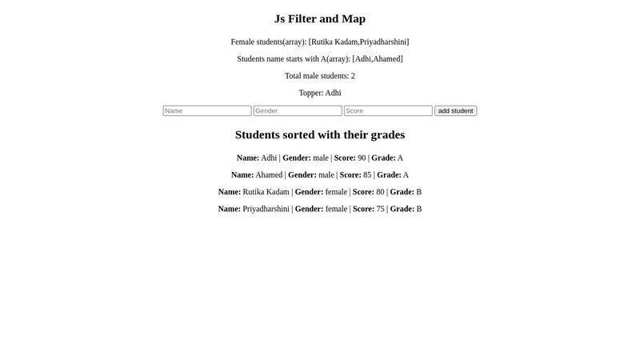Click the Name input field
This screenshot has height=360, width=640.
coord(207,110)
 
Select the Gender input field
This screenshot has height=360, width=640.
coord(298,110)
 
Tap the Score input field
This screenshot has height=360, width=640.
coord(388,110)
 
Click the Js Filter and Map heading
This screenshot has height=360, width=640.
coord(320,18)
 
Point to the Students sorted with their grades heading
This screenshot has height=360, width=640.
coord(320,134)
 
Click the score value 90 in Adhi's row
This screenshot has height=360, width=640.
coord(362,158)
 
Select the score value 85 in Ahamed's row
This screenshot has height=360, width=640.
coord(367,174)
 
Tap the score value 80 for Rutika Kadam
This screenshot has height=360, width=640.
coord(380,192)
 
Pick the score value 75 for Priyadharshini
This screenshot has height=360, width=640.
coord(380,209)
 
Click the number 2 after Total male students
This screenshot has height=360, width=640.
coord(353,76)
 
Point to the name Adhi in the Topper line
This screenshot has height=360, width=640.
coord(333,93)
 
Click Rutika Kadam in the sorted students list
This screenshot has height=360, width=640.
coord(266,192)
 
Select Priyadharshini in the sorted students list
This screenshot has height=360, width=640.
coord(266,209)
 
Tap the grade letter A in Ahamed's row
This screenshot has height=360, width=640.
coord(406,174)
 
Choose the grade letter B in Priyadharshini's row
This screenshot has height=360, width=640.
coord(419,209)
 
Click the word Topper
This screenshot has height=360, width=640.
coord(310,93)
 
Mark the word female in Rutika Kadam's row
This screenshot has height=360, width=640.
coord(336,192)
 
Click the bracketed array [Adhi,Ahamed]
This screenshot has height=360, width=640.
coord(378,58)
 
